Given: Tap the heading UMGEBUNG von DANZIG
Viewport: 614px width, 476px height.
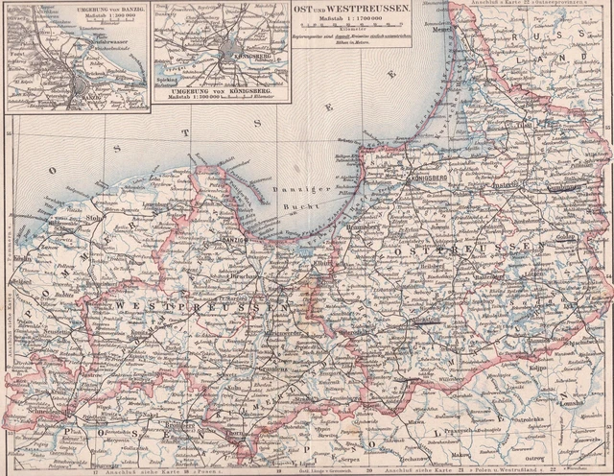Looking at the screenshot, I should [39, 8].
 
